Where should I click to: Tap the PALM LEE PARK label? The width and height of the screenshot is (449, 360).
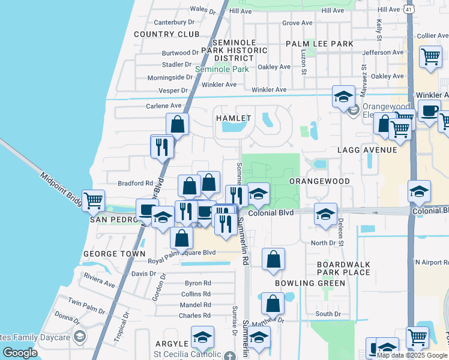(319, 44)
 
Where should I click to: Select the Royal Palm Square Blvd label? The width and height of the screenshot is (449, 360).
(182, 253)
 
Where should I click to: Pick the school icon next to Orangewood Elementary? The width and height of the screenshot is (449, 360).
(343, 97)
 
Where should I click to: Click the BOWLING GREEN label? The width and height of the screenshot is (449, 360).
(310, 283)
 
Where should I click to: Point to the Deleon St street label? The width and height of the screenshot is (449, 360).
(340, 235)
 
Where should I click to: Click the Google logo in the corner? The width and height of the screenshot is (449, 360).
(20, 353)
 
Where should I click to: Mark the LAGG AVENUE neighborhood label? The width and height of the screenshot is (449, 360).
(367, 149)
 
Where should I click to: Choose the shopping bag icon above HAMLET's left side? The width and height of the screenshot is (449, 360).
(177, 125)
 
